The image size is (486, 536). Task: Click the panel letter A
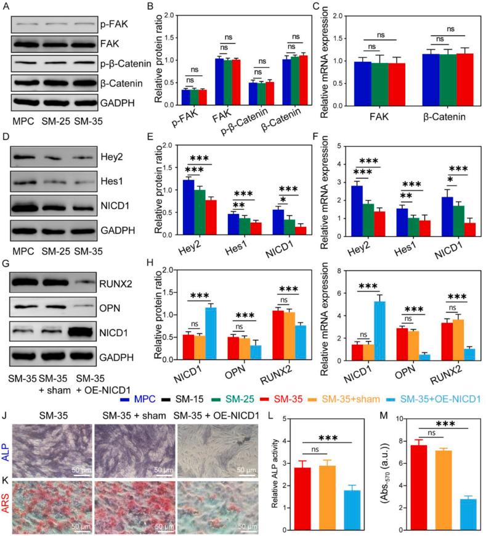(6, 6)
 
